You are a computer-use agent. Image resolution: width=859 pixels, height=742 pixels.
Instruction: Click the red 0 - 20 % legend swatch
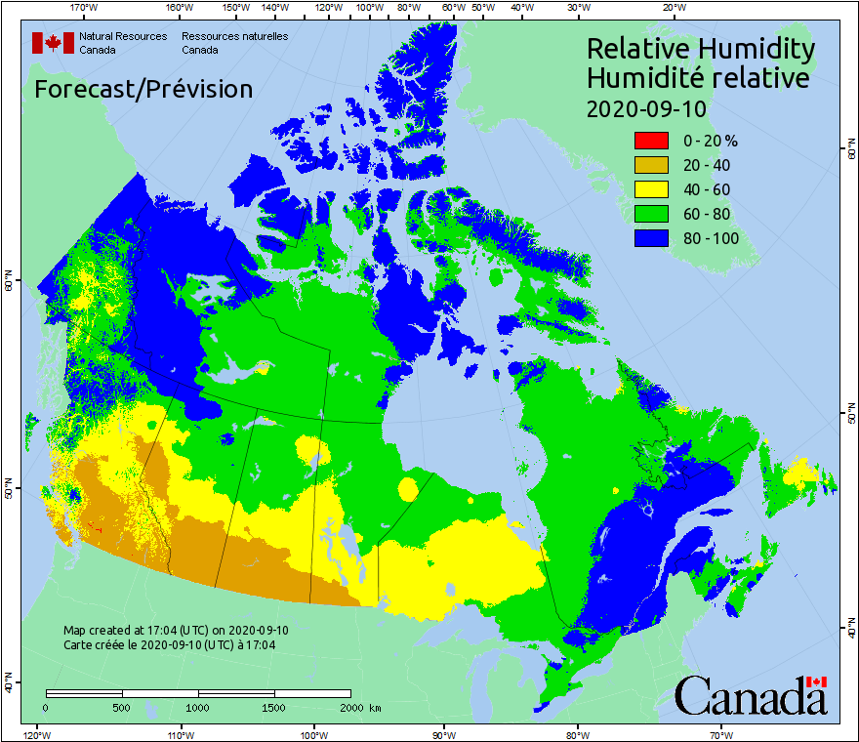point(651,141)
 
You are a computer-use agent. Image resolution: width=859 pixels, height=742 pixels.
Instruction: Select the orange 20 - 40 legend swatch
point(651,165)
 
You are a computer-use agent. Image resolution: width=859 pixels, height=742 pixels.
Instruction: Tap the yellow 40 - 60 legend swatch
point(651,189)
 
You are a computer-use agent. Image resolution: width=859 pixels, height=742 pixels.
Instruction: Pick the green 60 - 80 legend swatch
point(651,214)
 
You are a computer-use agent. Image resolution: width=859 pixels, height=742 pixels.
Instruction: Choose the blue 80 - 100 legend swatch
point(651,238)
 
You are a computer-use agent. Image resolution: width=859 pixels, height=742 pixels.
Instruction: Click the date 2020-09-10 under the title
point(646,108)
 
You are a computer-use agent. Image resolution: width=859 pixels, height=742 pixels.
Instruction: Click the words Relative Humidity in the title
point(700,49)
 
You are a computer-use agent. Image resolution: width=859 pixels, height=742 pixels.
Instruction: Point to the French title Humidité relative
point(697,78)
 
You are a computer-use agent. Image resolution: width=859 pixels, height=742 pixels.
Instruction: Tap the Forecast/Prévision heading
point(143,90)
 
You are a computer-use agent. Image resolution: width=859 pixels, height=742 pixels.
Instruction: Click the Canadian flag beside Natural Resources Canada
point(53,42)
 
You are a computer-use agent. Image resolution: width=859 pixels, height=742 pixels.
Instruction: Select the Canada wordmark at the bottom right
point(751,695)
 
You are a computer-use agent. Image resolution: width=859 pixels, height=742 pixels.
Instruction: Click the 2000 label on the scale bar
point(348,707)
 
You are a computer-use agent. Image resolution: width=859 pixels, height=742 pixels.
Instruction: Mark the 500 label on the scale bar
point(121,707)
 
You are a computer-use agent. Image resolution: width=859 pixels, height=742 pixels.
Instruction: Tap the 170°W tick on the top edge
point(84,8)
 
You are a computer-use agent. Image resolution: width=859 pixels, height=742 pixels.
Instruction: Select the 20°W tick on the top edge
point(672,8)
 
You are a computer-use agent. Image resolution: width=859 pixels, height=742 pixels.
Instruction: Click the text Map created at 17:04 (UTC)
point(176,631)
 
